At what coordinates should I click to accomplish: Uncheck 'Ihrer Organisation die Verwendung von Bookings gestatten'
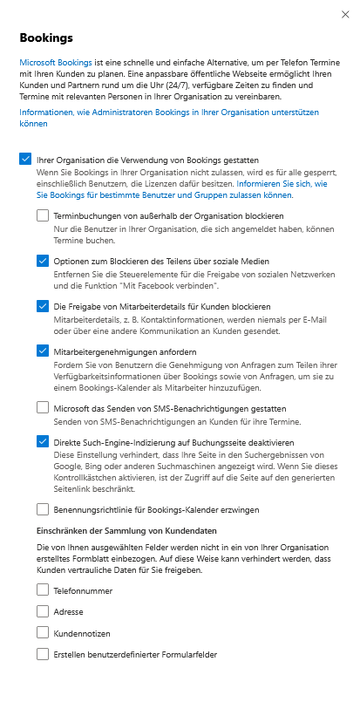click(x=24, y=160)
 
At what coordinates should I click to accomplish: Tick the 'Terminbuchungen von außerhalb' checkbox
click(x=43, y=215)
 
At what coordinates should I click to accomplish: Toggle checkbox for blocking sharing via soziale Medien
click(x=43, y=261)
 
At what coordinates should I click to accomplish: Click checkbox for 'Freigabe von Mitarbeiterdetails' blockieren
click(x=43, y=306)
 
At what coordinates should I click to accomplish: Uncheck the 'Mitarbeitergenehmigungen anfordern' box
click(x=43, y=351)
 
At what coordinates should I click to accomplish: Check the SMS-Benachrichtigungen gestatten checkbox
click(x=43, y=407)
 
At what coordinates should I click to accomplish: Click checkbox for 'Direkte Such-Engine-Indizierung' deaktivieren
click(x=43, y=441)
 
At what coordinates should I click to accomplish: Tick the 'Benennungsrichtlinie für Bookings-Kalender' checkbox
click(x=43, y=508)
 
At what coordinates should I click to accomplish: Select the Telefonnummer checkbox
click(x=43, y=590)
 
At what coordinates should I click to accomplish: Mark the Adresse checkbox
click(x=43, y=610)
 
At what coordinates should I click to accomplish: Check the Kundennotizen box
click(x=43, y=632)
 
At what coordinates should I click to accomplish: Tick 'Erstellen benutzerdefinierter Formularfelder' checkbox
click(x=43, y=653)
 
